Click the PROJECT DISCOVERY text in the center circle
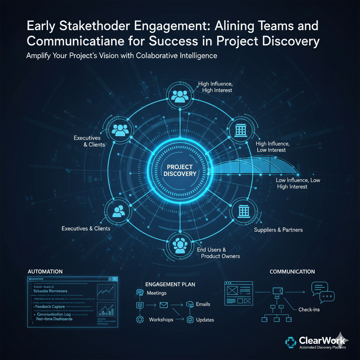pyautogui.click(x=180, y=170)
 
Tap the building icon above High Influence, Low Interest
pyautogui.click(x=241, y=130)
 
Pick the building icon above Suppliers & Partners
pyautogui.click(x=243, y=211)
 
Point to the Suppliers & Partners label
pyautogui.click(x=278, y=230)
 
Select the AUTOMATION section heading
pyautogui.click(x=45, y=272)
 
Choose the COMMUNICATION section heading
pyautogui.click(x=292, y=272)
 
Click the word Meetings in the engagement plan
pyautogui.click(x=156, y=293)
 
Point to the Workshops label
pyautogui.click(x=161, y=320)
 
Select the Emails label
pyautogui.click(x=203, y=304)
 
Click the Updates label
pyautogui.click(x=205, y=320)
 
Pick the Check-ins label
pyautogui.click(x=309, y=310)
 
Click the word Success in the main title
pyautogui.click(x=170, y=41)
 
